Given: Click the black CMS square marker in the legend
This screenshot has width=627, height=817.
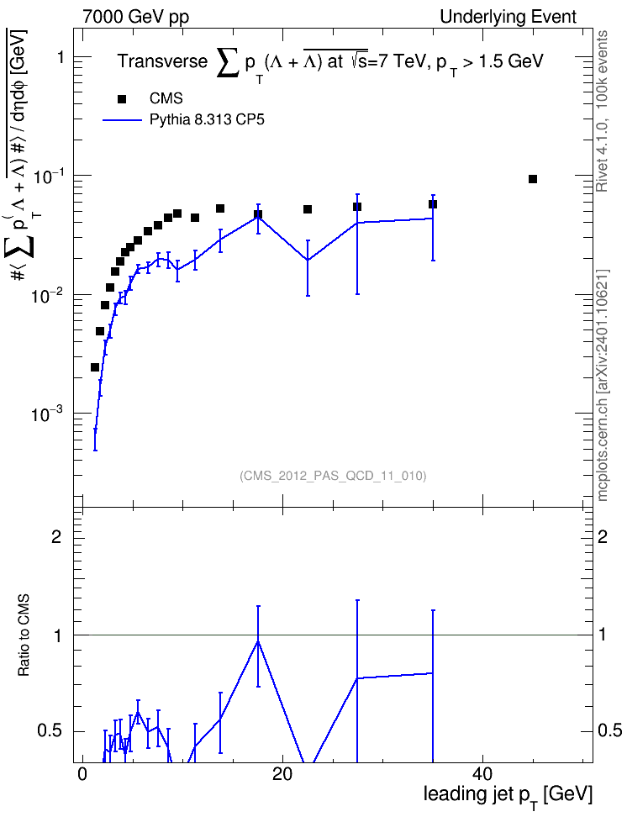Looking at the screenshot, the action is point(122,98).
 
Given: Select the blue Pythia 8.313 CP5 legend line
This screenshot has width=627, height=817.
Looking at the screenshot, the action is point(122,120).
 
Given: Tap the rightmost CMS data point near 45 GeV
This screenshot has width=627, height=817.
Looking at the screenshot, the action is point(533,179).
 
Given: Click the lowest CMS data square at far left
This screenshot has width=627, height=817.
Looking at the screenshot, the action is point(95,367).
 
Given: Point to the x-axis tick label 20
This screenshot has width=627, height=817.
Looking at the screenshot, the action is point(282,773).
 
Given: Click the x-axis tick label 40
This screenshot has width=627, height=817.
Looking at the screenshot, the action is point(482,773).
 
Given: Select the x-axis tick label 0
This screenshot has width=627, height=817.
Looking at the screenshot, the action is point(82,773).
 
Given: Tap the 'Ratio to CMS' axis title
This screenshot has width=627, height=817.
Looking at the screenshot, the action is point(24,635).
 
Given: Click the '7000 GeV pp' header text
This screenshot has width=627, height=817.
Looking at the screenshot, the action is point(135,17).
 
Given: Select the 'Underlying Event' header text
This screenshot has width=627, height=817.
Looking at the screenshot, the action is point(508,17).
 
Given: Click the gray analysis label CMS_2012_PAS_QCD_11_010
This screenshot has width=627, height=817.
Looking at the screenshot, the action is point(333,476).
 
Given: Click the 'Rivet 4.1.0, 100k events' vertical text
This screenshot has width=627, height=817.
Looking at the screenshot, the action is point(602,111).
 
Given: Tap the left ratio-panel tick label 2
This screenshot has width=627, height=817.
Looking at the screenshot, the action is point(56,536).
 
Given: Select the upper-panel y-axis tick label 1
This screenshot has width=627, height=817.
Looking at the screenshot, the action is point(61,57).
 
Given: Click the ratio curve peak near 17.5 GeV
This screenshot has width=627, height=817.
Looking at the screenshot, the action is point(258,641).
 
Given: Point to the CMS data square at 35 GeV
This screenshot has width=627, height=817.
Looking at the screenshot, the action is point(433,204).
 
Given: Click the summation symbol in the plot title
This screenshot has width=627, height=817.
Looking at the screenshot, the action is point(228,63).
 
